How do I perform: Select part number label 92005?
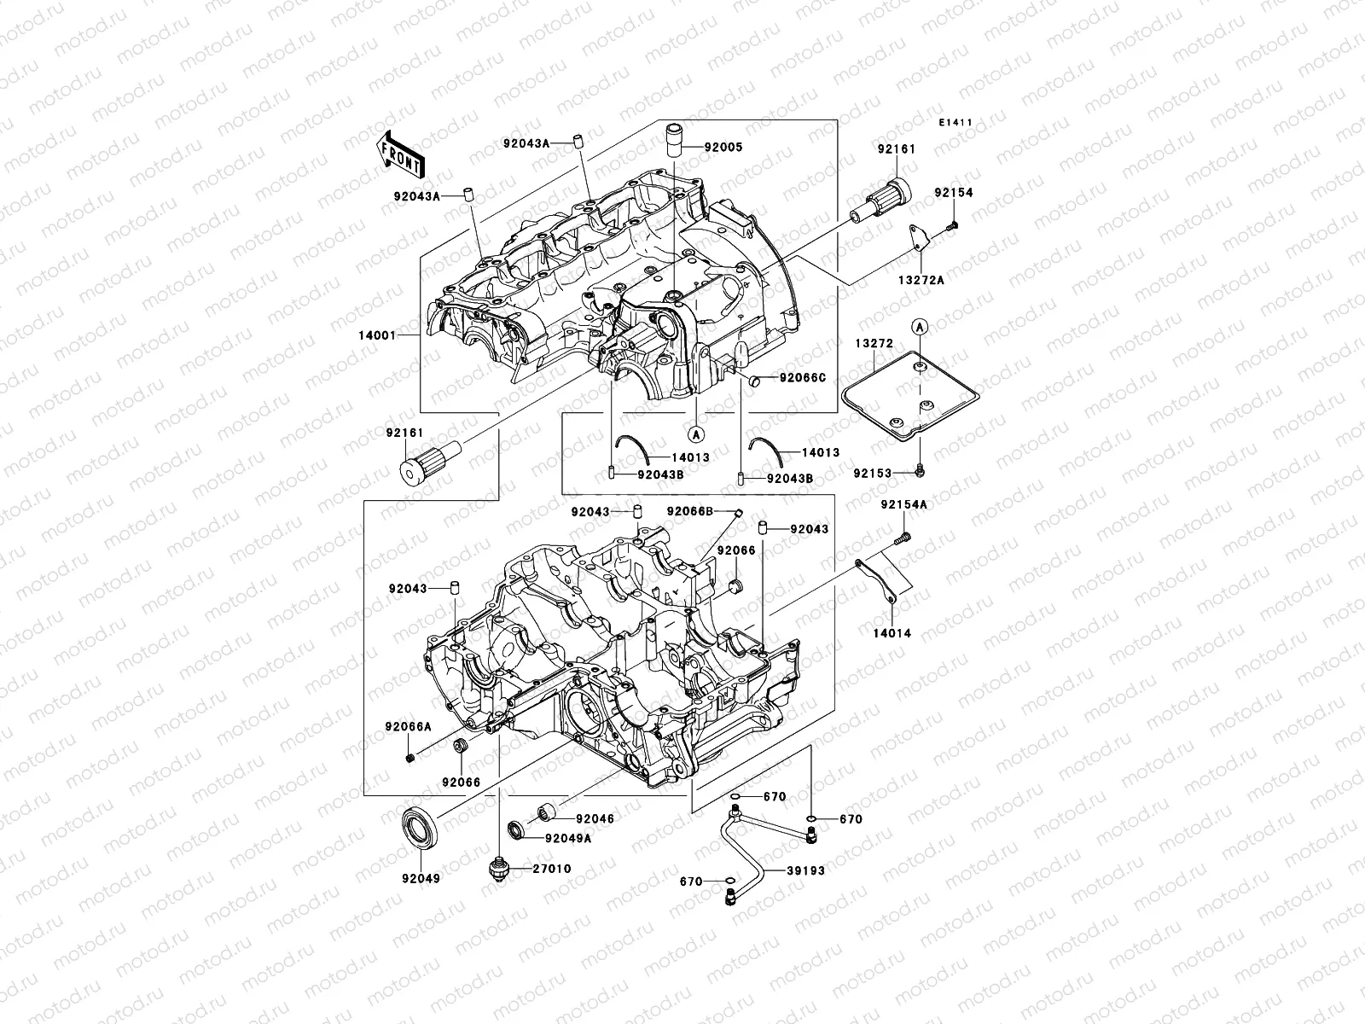pos(747,147)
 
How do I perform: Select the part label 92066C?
pos(802,378)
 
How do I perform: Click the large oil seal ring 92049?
pos(421,828)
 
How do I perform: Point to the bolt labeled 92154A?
pos(903,538)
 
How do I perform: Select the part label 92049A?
pos(568,838)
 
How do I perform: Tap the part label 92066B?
pos(690,511)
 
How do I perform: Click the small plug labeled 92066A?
pos(411,758)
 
